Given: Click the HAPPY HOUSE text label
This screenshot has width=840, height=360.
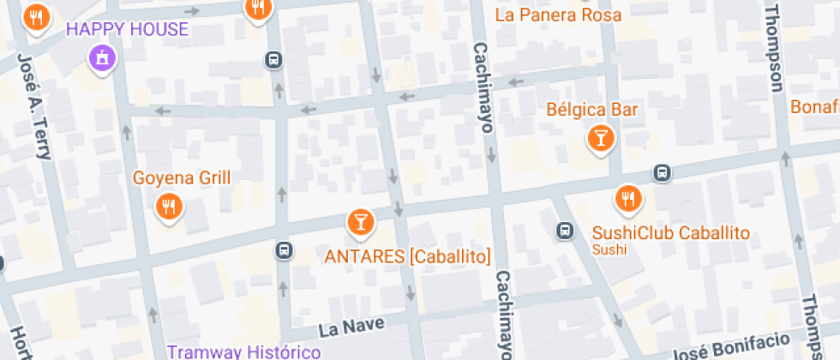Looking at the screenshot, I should (x=127, y=29).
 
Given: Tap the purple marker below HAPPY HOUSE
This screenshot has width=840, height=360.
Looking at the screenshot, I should (x=102, y=58).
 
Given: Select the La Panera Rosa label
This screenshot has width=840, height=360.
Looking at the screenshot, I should (x=558, y=15).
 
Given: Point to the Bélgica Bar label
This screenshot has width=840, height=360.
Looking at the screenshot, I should (x=592, y=110).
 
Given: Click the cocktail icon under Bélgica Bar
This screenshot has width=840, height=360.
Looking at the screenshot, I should (x=601, y=137).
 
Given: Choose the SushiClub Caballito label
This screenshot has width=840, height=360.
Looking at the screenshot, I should (x=671, y=233).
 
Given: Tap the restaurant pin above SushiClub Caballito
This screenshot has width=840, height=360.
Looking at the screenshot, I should (x=628, y=199).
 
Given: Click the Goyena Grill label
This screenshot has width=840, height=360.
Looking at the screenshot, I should (x=182, y=178).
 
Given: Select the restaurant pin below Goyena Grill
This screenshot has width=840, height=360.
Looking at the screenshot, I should (x=168, y=206).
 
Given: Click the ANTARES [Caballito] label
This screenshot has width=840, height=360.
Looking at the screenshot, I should (x=407, y=256).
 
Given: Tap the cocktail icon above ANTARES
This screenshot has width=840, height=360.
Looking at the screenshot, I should (x=361, y=222).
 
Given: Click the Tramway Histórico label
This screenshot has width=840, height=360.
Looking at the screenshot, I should (x=244, y=351).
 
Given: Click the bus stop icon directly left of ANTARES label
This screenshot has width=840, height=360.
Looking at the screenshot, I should (x=283, y=251).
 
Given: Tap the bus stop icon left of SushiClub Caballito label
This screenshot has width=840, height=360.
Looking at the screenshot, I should (x=565, y=231).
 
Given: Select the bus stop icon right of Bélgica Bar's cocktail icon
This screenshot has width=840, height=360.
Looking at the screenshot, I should (x=662, y=172).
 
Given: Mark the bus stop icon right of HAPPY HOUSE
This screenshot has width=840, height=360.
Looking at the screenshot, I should (x=273, y=60).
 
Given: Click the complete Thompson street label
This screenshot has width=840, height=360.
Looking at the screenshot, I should (x=773, y=47).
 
